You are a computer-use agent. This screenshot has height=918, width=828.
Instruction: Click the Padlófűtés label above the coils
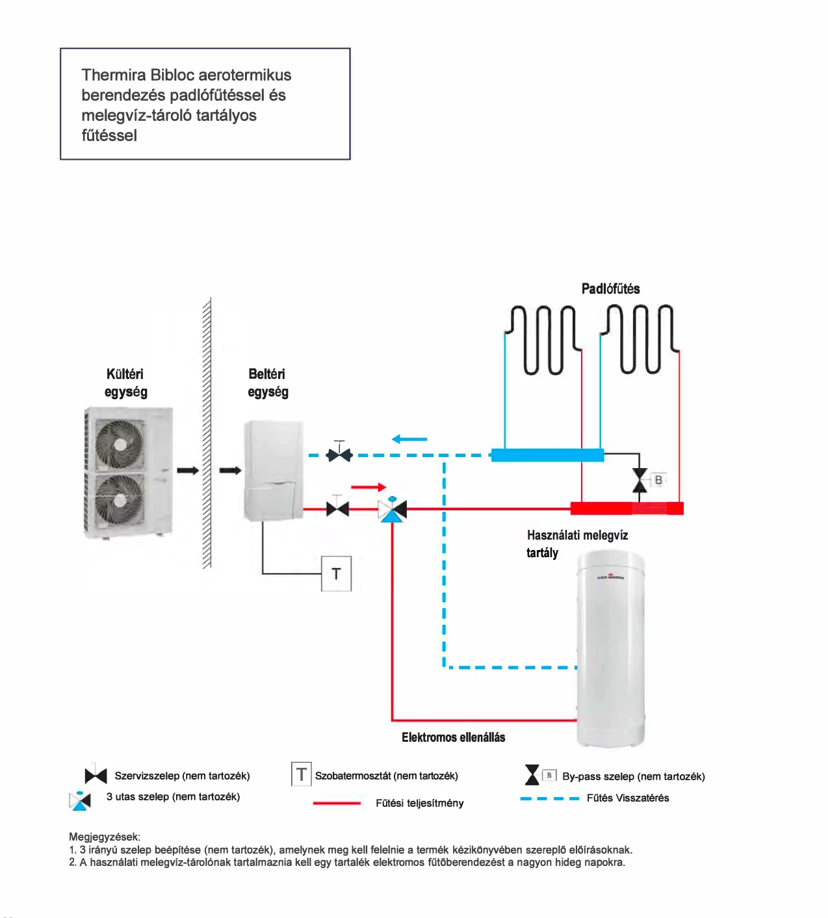click(610, 289)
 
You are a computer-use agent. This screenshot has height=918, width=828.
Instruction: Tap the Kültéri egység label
click(125, 382)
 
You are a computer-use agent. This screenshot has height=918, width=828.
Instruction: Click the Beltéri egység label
click(268, 382)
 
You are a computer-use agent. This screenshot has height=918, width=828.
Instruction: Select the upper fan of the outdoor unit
click(120, 443)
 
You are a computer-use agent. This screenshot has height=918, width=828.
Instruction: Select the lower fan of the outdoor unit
click(120, 500)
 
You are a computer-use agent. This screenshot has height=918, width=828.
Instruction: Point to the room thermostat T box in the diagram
click(336, 573)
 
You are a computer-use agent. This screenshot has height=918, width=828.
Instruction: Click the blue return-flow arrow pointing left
click(409, 439)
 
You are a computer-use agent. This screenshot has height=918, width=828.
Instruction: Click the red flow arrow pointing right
click(369, 487)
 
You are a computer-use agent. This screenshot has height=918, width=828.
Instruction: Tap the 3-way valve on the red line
click(393, 509)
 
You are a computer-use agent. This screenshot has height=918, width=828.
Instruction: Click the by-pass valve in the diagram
click(640, 480)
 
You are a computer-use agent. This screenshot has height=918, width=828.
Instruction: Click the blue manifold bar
click(547, 455)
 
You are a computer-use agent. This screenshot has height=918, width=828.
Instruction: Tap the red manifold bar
click(627, 508)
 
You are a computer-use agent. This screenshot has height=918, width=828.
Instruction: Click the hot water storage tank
click(611, 649)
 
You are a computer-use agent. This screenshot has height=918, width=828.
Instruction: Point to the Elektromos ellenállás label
click(454, 737)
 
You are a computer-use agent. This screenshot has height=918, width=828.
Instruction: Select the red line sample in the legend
click(337, 803)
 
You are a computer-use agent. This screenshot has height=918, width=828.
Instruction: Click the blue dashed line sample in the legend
click(549, 798)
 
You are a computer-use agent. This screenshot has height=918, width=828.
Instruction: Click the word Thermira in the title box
click(114, 75)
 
